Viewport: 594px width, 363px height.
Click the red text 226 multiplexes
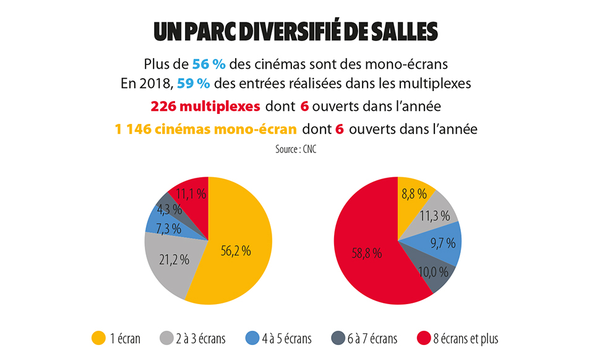tap(205, 105)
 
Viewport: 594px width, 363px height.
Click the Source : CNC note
tap(297, 149)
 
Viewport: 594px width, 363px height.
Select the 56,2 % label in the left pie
tap(235, 251)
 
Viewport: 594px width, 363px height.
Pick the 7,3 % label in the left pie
tap(168, 229)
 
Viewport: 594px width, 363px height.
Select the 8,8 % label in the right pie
tap(414, 194)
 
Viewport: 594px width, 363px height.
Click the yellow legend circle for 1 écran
tap(98, 338)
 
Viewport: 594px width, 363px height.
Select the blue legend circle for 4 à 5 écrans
tap(252, 338)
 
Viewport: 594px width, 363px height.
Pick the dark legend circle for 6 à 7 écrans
tap(338, 338)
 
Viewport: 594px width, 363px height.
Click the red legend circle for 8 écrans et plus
tap(423, 338)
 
